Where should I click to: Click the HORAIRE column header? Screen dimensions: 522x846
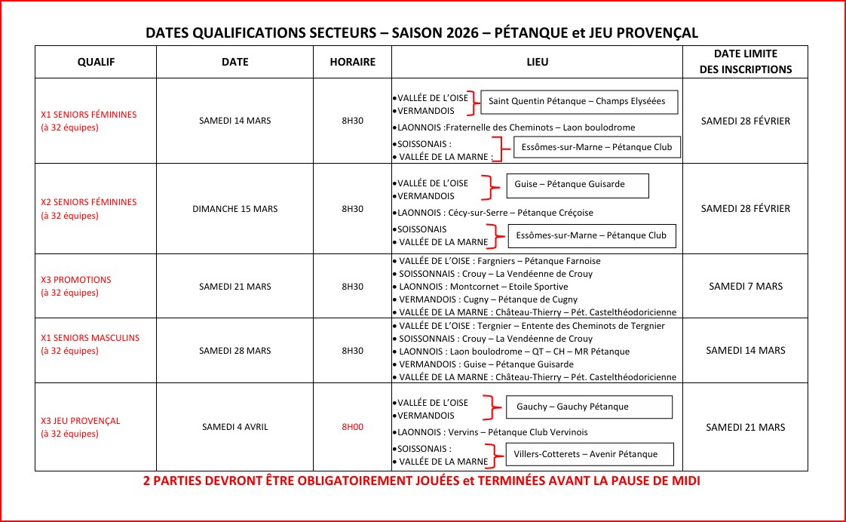point(352,62)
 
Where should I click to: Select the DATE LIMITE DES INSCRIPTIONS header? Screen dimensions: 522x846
point(745,61)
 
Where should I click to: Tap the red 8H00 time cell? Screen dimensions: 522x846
point(352,427)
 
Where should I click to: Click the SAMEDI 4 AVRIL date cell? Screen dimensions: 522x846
point(234,427)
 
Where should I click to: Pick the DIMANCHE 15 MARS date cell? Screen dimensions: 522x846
point(234,209)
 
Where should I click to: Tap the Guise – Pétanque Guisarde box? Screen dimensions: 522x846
point(578,184)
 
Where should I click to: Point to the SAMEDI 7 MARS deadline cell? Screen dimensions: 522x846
point(745,287)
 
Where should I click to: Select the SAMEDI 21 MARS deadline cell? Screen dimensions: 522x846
point(745,427)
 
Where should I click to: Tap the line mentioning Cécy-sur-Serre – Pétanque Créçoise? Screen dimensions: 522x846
point(495,213)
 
